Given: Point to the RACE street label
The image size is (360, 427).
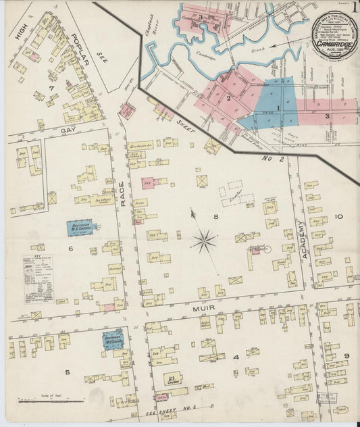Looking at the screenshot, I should (123, 196).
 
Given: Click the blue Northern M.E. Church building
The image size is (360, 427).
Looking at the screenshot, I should (81, 228).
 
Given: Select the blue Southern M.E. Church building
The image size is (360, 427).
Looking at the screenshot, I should (112, 337).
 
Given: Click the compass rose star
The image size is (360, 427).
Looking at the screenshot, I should (204, 240).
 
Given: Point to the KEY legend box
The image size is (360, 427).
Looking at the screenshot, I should (38, 278).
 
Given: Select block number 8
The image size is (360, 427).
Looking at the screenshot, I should (216, 217).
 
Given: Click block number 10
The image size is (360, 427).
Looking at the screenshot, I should (338, 217).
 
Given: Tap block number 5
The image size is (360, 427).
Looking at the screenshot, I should (67, 372).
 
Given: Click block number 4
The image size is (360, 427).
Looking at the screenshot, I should (236, 357).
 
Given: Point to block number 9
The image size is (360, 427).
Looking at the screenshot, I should (346, 356).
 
